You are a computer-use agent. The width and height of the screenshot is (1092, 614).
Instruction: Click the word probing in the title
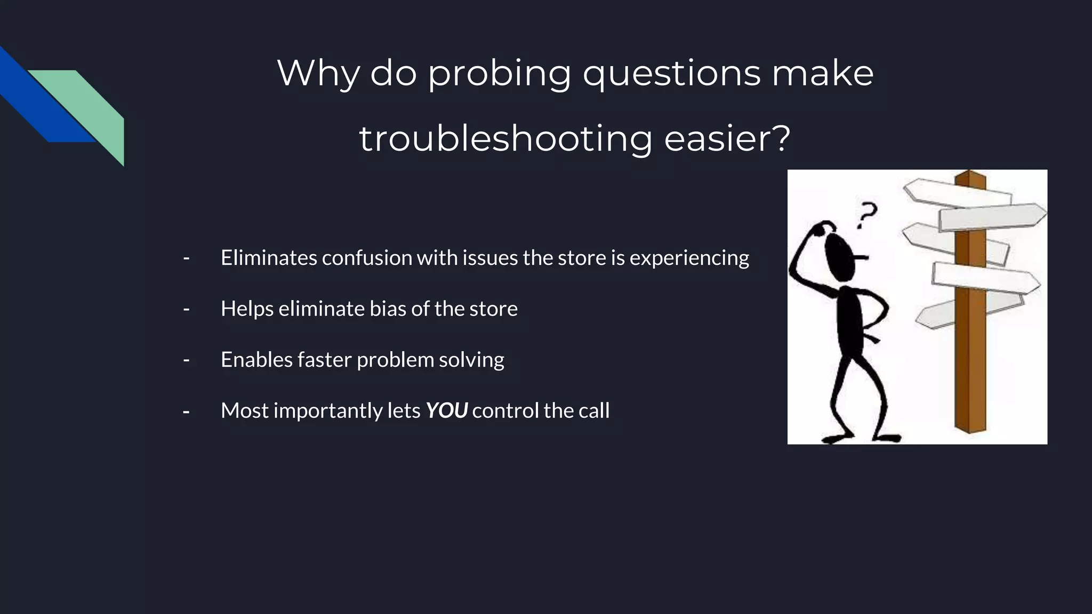click(x=499, y=74)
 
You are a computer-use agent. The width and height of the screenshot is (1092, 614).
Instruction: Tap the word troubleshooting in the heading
click(x=505, y=139)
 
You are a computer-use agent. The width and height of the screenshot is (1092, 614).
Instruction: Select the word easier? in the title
click(x=727, y=139)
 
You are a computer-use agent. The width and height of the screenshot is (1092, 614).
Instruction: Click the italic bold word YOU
click(x=446, y=410)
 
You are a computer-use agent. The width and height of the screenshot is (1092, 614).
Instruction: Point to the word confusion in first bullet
click(x=366, y=258)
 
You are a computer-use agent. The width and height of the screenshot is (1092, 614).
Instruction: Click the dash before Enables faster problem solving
click(x=186, y=360)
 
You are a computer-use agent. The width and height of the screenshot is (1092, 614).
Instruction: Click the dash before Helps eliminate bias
click(x=186, y=309)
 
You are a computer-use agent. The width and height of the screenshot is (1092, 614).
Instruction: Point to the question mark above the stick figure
click(x=866, y=214)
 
